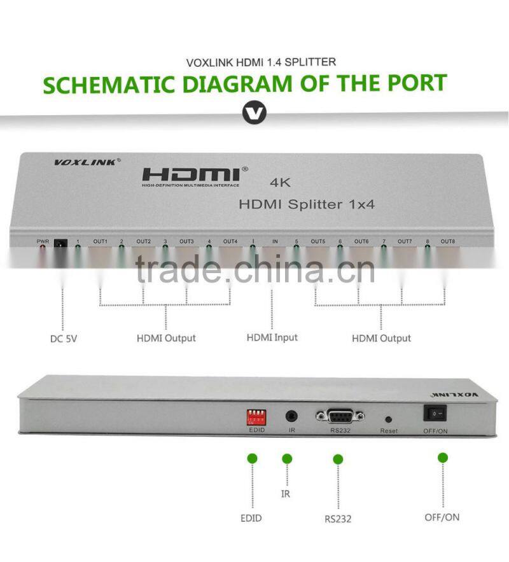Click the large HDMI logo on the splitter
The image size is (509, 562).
coord(191,174)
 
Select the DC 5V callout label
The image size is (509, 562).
coord(64,339)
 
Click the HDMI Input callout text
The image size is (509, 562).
coord(272,337)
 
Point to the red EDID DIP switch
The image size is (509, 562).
coord(256,418)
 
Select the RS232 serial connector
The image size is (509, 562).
coord(340,416)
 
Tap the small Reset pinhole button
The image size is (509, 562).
coord(388,420)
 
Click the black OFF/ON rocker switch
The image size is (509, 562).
coord(435,414)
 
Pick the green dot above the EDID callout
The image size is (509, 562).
coord(252,458)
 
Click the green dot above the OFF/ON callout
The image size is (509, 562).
coord(443,458)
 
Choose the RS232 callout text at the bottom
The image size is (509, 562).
coord(337,519)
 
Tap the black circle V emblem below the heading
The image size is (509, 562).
coord(254,115)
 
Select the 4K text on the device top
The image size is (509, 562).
coord(281,183)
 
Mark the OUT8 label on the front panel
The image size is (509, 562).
coord(448,241)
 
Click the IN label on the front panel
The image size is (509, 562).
coord(275,241)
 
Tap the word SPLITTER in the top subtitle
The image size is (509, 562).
coord(311,62)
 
